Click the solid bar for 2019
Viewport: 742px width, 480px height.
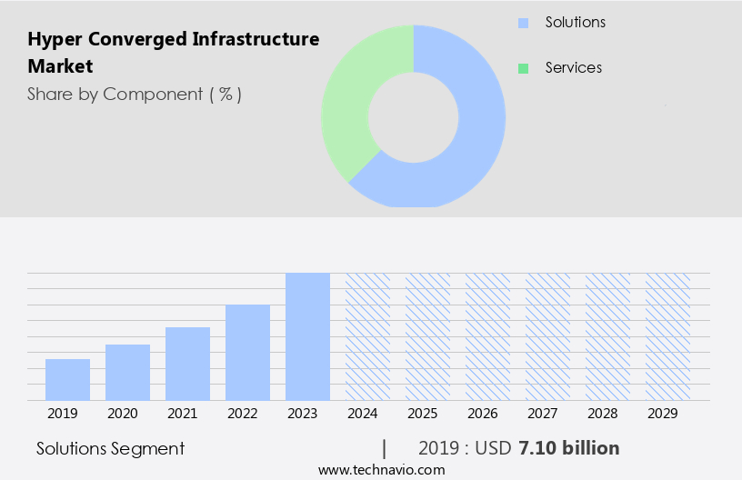click(67, 380)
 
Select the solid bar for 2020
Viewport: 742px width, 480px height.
click(127, 373)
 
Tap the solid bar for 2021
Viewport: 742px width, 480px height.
click(187, 364)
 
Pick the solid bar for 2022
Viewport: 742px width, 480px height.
click(247, 353)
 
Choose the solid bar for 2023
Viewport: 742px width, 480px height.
click(307, 336)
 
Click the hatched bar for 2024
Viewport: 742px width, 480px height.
click(367, 336)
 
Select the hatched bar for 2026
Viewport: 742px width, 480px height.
click(487, 336)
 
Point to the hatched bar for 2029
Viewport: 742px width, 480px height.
click(667, 336)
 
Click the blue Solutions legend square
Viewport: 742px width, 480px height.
click(522, 22)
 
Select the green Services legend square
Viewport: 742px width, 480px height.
click(522, 68)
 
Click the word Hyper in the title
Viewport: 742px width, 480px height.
click(51, 39)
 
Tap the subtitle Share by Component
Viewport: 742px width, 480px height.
click(135, 94)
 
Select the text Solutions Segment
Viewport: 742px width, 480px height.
click(110, 448)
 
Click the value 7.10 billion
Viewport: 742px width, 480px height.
click(568, 448)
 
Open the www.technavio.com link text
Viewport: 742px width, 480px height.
click(381, 470)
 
